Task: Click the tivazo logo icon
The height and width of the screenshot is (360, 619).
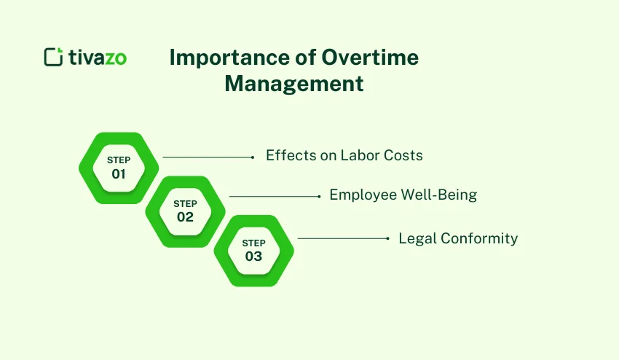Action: click(x=54, y=57)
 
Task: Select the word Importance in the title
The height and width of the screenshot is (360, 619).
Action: click(x=213, y=58)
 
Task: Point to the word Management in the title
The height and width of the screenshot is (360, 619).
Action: click(x=293, y=84)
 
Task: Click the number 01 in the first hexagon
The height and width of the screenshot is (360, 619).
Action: click(x=119, y=174)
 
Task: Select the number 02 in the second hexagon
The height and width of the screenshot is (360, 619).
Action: click(x=185, y=216)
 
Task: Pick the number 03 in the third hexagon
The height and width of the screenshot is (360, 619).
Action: click(x=253, y=257)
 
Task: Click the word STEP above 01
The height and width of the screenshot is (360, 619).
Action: click(x=119, y=160)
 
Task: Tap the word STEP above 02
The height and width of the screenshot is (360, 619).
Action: click(x=185, y=203)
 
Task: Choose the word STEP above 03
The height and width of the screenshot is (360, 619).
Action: click(x=253, y=243)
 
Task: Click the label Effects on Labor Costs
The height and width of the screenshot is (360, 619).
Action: click(x=344, y=155)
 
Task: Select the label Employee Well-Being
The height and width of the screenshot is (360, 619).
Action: click(x=403, y=195)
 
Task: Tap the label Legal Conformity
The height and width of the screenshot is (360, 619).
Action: click(x=458, y=238)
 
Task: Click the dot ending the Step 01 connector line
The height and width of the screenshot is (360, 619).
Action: click(x=252, y=157)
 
